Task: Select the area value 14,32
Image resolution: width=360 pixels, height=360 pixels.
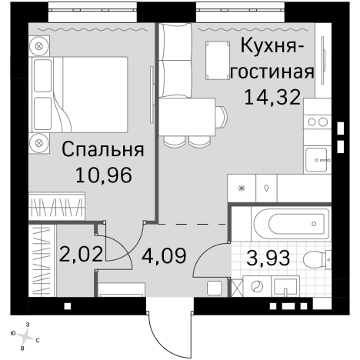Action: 272,96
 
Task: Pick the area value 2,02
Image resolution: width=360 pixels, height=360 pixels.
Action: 80,253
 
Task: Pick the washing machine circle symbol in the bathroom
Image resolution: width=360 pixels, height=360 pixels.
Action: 256,288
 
